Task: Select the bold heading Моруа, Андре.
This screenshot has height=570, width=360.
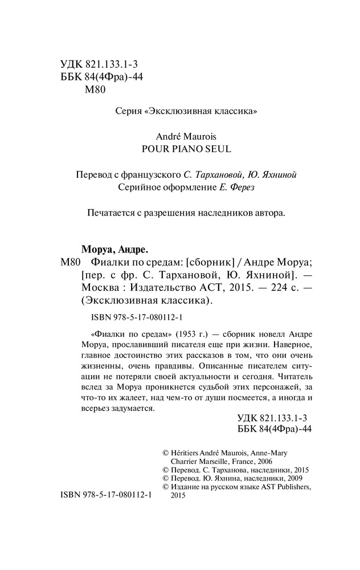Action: (x=111, y=249)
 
